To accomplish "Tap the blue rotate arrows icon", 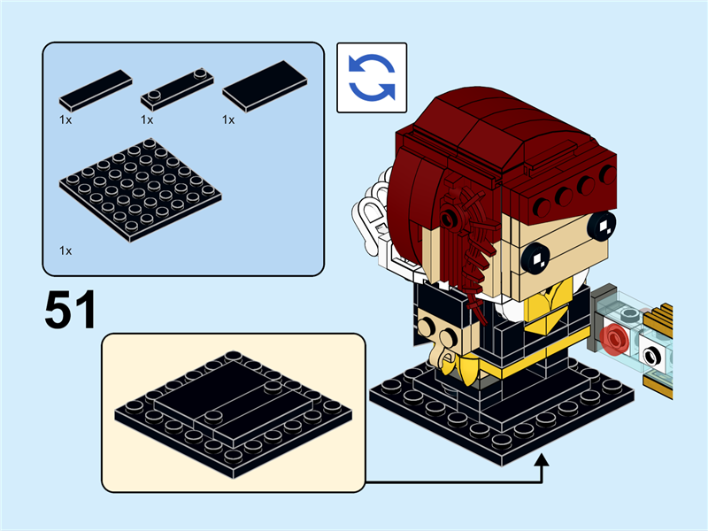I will [x=372, y=78].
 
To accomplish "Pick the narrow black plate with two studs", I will [x=177, y=88].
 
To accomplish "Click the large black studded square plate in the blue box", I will [x=140, y=189].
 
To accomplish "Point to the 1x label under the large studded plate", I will [x=65, y=251].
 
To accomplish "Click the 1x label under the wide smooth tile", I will [x=228, y=119].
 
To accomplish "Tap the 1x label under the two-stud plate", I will [x=147, y=119].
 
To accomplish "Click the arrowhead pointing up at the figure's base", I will [x=543, y=460].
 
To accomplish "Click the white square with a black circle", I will [x=653, y=356].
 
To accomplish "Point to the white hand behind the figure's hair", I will [x=372, y=217].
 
